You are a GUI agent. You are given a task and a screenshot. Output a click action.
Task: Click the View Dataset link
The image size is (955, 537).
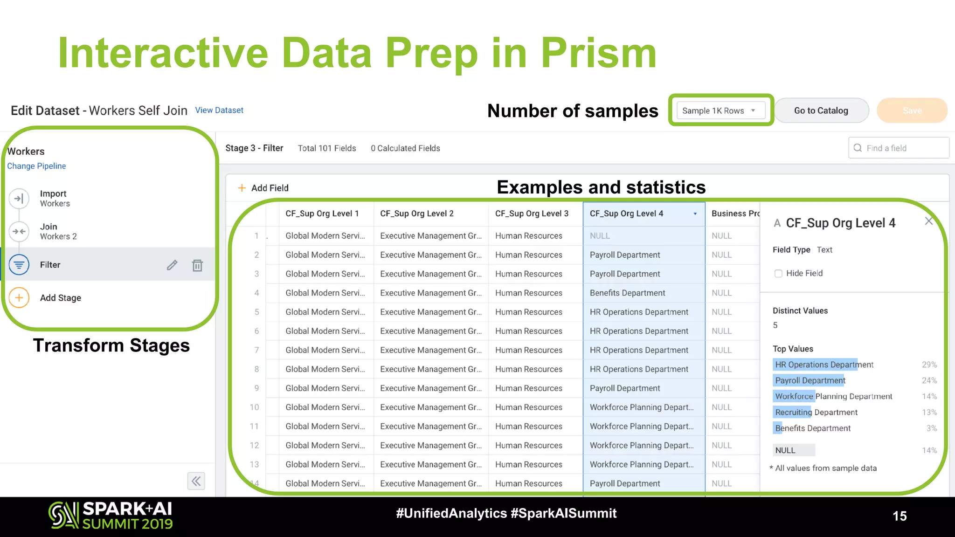coord(219,110)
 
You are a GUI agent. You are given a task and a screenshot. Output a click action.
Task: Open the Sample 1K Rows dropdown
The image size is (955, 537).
coord(720,110)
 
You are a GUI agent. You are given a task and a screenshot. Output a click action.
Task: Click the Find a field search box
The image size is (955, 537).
coord(899,148)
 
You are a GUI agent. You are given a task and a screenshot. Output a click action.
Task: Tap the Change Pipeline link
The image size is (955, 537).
coord(36,166)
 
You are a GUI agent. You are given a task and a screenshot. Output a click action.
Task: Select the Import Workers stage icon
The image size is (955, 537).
coord(19,199)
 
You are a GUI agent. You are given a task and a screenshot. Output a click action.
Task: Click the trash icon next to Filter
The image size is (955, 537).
coord(197,265)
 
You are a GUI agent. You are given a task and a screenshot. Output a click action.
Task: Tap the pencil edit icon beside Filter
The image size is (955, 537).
coord(172,265)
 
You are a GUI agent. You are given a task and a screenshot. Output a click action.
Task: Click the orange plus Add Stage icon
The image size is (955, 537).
coord(19,298)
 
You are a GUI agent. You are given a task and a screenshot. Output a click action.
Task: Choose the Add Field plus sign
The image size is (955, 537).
coord(242,188)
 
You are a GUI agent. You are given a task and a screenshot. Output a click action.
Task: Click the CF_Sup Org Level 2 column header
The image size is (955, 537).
coord(417,213)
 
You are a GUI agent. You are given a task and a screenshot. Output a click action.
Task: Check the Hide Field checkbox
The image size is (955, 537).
coord(778,274)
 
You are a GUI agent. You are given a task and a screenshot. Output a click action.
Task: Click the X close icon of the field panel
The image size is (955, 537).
coord(928,221)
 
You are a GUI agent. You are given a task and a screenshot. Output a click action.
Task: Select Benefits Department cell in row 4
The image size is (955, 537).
coord(627,293)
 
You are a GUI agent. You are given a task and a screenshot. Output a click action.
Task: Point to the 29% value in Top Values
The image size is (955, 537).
coord(929,365)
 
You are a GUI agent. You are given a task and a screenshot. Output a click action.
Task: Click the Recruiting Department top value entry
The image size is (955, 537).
coord(816,412)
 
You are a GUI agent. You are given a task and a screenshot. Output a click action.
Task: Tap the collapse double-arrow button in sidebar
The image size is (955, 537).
coord(196,481)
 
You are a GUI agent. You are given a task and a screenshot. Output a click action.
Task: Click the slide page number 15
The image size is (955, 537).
coord(900,516)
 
